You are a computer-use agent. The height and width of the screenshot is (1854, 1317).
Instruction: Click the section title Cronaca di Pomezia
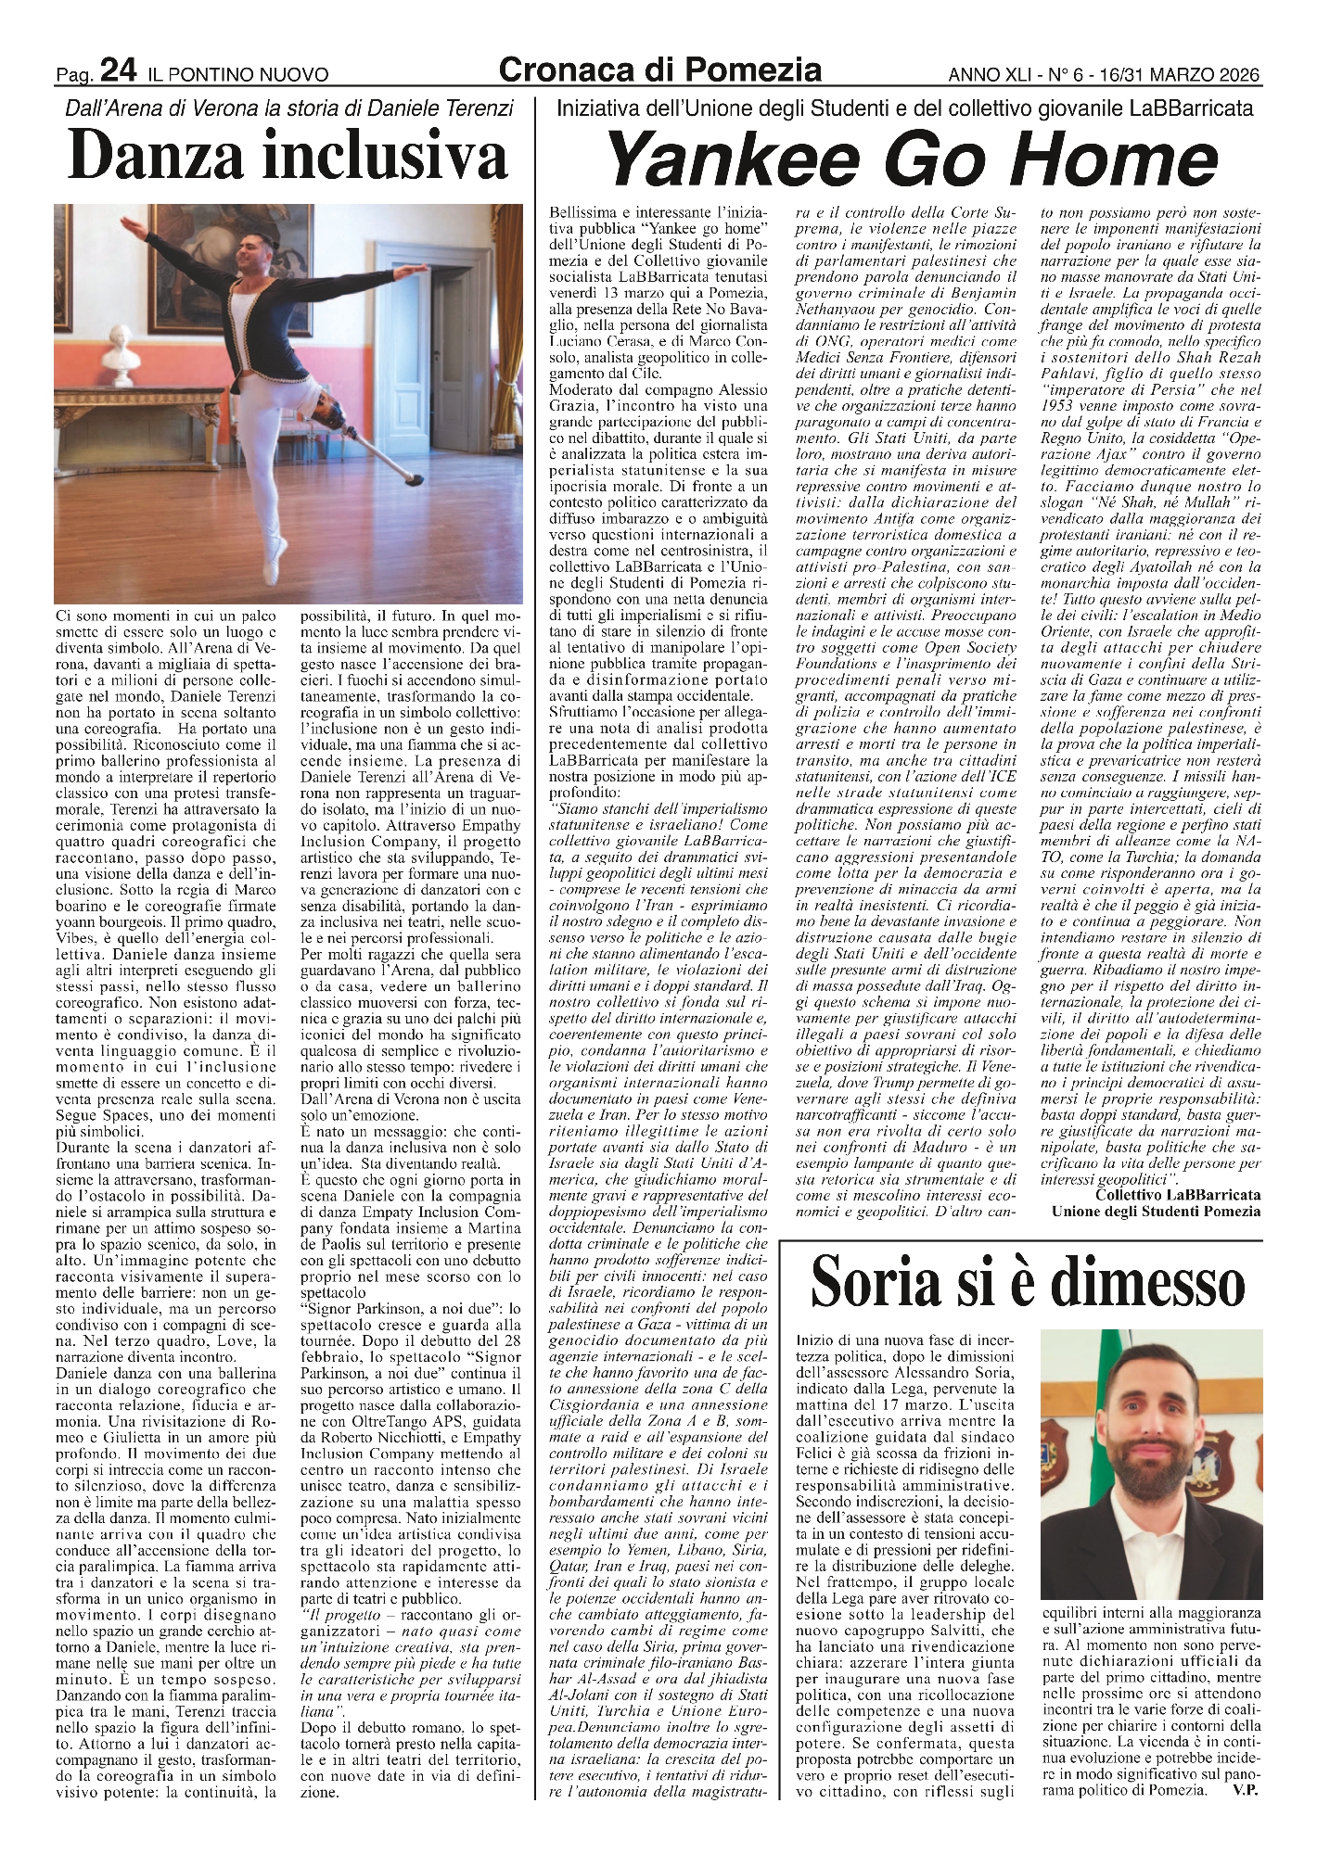tap(659, 69)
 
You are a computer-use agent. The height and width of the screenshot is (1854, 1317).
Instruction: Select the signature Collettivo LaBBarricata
tap(1177, 1196)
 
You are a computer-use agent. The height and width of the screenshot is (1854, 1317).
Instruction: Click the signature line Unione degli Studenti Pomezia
tap(1156, 1211)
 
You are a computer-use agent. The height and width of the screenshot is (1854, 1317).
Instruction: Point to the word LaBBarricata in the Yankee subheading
tap(1191, 108)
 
